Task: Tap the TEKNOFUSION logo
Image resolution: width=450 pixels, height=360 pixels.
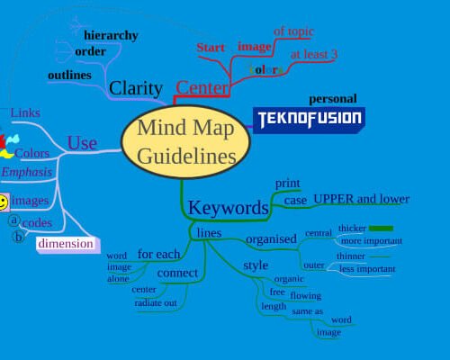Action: [x=310, y=119]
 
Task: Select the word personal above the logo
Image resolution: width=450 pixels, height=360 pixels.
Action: [x=333, y=99]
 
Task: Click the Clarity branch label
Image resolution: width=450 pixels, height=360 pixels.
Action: [x=135, y=88]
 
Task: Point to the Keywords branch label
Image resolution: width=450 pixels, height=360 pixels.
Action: [x=228, y=209]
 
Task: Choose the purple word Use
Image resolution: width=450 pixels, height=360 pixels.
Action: [x=82, y=143]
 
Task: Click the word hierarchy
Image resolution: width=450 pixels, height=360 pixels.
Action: [x=111, y=35]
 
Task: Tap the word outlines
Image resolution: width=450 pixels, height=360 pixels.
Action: [x=69, y=74]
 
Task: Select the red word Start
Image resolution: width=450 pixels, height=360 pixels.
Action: [x=211, y=47]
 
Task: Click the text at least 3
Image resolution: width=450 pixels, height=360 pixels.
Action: [x=313, y=55]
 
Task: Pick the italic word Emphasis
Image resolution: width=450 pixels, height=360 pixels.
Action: [x=27, y=172]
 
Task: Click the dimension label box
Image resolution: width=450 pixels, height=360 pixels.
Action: [x=65, y=243]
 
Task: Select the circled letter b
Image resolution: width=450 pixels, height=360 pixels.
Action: [x=17, y=238]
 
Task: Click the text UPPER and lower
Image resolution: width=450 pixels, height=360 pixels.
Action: [x=361, y=199]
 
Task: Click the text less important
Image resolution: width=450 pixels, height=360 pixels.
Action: [x=367, y=269]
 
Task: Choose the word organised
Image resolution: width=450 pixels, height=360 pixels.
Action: [x=271, y=239]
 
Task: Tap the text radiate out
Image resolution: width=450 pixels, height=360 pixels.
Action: [x=156, y=303]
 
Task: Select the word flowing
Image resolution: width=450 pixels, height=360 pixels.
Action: [x=305, y=295]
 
